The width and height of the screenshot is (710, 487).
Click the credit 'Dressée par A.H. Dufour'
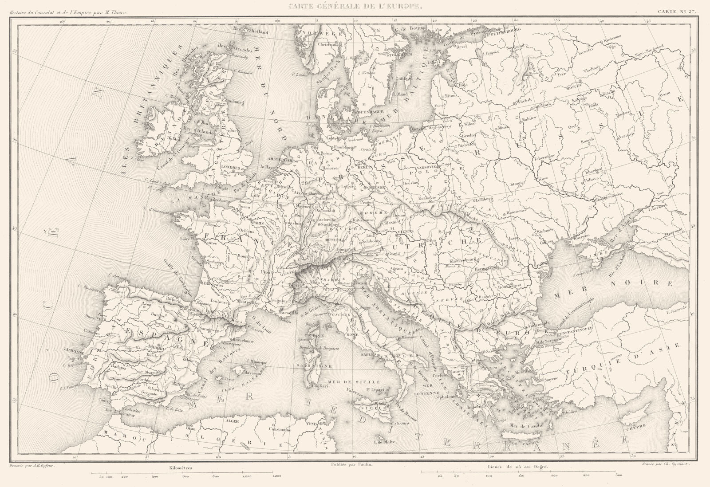coord(34,463)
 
